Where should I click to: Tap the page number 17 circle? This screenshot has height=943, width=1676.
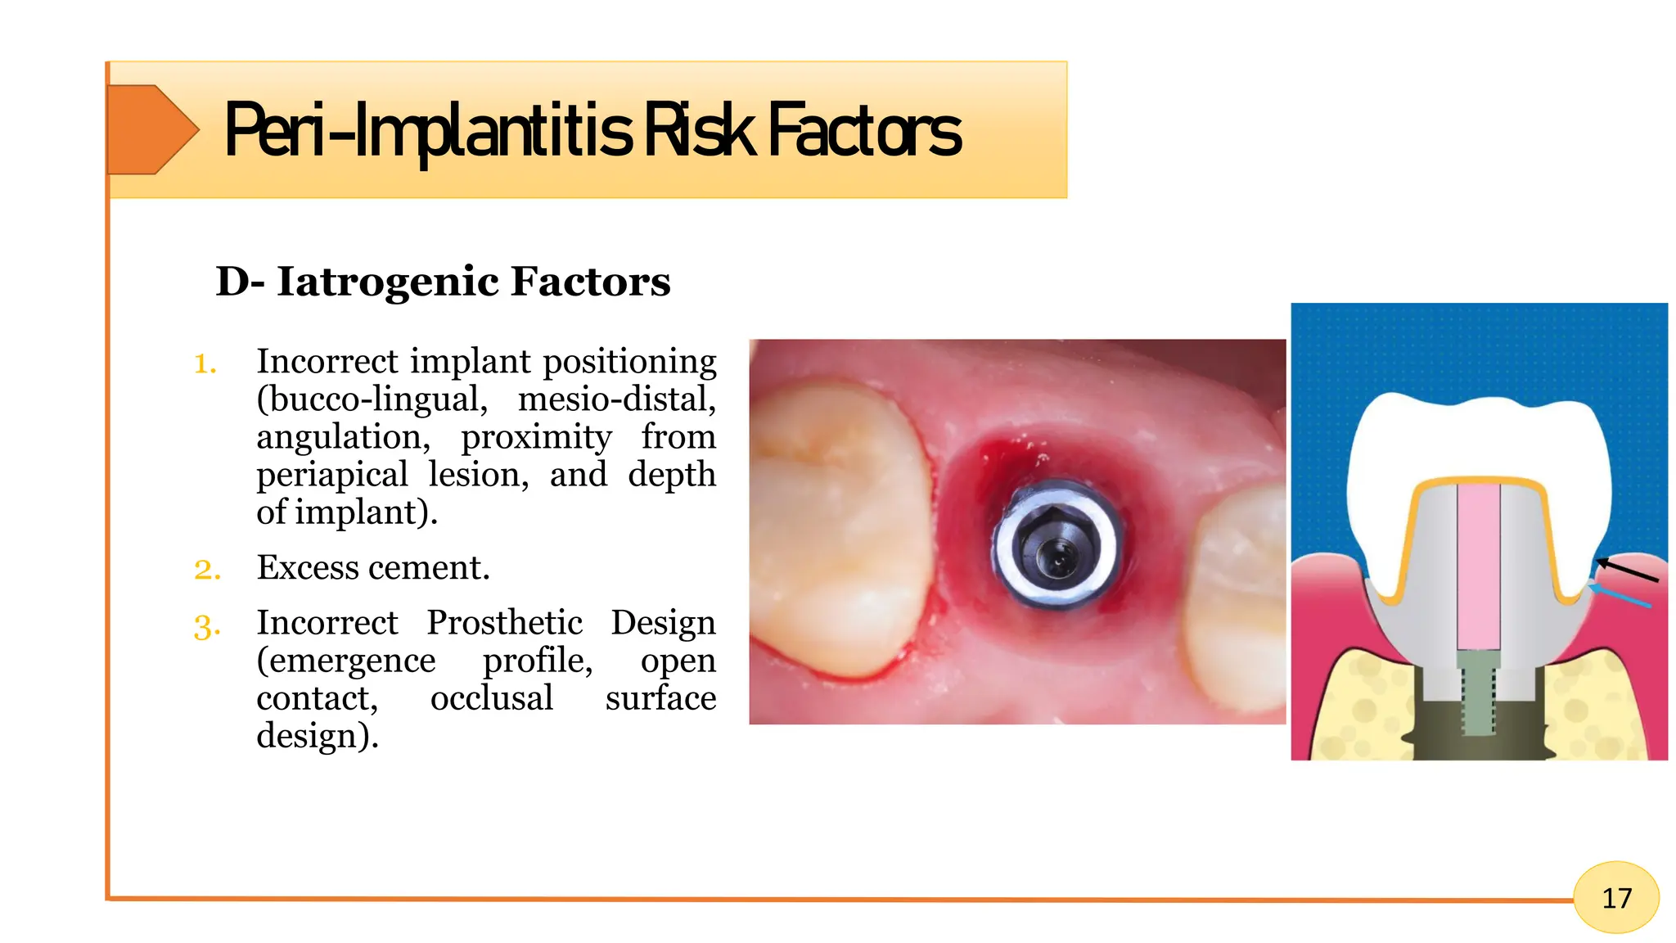point(1615,898)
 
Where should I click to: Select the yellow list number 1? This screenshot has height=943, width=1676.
point(205,363)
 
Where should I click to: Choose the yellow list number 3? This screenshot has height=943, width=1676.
point(207,626)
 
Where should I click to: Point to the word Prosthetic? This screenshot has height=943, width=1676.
point(504,623)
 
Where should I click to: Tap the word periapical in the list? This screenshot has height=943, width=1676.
point(331,475)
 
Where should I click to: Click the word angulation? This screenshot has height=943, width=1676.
point(343,437)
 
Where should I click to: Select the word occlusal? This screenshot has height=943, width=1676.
point(492,698)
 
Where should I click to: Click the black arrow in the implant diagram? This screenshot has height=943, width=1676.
point(1627,570)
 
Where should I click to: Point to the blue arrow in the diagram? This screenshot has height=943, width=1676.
point(1620,597)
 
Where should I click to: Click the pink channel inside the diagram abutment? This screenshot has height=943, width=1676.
point(1479,565)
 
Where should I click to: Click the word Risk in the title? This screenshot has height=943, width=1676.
point(699,131)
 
